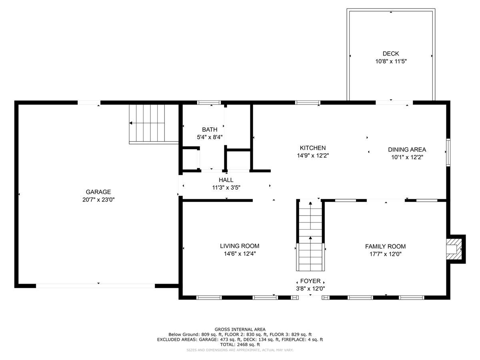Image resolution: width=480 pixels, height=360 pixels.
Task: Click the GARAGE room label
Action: click(98, 192)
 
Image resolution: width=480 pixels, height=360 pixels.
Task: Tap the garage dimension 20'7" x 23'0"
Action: click(98, 199)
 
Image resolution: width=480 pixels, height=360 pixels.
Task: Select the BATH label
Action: click(210, 130)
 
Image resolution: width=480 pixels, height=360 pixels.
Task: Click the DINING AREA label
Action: click(407, 150)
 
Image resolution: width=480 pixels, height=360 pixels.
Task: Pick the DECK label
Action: click(390, 54)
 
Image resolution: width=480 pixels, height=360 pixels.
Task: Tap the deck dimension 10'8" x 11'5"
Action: click(390, 61)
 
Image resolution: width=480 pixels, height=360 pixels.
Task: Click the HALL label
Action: click(226, 180)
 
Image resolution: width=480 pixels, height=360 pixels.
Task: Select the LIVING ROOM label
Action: click(239, 246)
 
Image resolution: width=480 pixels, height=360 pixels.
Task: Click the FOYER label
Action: click(310, 281)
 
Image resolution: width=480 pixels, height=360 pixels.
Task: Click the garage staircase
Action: click(147, 123)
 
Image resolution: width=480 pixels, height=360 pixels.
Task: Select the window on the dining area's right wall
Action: click(448, 152)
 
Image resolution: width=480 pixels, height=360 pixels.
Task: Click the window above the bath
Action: click(209, 103)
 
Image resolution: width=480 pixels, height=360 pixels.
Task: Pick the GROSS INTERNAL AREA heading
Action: click(240, 330)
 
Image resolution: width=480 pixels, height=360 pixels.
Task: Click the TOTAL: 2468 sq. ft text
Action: click(240, 344)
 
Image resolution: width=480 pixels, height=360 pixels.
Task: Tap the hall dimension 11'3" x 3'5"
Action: click(226, 187)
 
